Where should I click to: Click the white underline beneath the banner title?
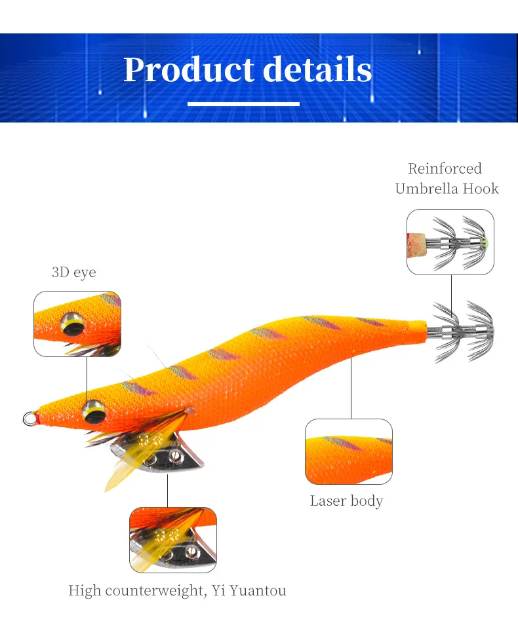pos(243,104)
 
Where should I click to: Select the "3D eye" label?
pos(73,272)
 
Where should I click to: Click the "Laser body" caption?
pos(346,501)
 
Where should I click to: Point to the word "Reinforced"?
pos(445,169)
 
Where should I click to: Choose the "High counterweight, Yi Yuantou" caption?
pos(177,591)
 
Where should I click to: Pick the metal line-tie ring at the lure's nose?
pos(30,417)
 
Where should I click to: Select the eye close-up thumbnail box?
pos(77,324)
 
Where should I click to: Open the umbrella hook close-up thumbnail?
pos(450,242)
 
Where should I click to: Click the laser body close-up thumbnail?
pos(349,451)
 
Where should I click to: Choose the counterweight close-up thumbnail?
pos(172,539)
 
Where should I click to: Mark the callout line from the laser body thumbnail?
pos(351,390)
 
